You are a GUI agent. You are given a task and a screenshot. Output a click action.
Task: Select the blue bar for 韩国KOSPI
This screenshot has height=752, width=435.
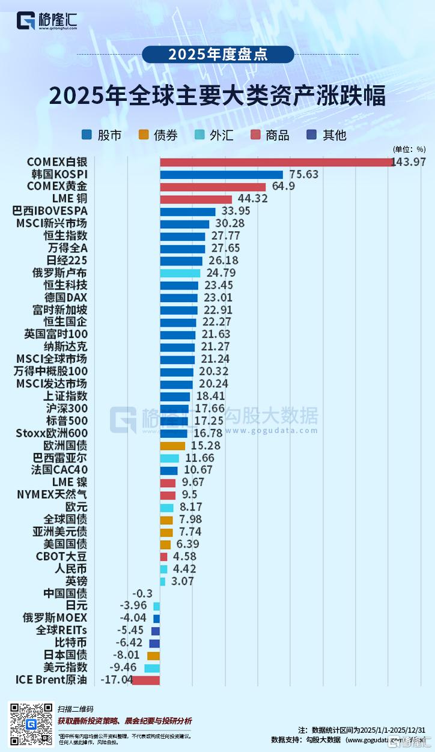coord(221,175)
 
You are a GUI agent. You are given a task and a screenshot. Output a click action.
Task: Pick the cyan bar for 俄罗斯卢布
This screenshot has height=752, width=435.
coord(180,273)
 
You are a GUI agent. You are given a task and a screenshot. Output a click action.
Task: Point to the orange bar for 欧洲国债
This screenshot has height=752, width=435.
coord(172,446)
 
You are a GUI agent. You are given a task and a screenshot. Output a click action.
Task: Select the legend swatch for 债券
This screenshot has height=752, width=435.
coord(142,135)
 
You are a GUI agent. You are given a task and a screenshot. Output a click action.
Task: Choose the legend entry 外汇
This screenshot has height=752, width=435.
coord(213,135)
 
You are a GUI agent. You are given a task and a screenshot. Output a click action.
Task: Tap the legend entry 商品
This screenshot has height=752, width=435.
coord(270,135)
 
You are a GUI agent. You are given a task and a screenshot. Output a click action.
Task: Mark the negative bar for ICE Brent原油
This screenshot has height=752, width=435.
coord(146,680)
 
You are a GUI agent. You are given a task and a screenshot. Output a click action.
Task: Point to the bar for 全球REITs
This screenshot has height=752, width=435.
coord(156,631)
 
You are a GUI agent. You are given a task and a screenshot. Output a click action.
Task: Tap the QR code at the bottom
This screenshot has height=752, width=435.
coord(30,724)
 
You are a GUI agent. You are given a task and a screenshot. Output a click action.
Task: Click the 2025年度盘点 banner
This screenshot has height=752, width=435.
coord(218,55)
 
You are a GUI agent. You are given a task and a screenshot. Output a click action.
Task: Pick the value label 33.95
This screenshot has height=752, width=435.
coord(235,211)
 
